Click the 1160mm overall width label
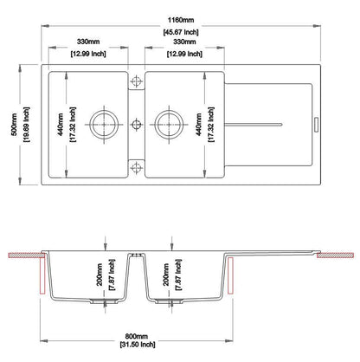click(181, 20)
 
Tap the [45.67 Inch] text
click(181, 32)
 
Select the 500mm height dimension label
click(14, 125)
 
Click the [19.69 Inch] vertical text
click(26, 125)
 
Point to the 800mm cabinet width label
click(137, 336)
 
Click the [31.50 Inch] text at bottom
click(138, 345)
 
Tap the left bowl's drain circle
click(104, 125)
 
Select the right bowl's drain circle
click(169, 125)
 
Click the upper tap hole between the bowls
click(136, 81)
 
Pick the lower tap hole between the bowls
click(136, 167)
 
